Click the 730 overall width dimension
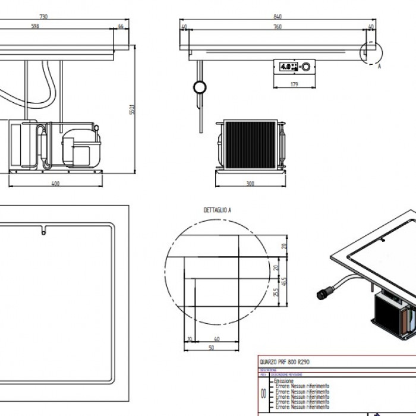click(60, 17)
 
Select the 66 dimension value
click(121, 26)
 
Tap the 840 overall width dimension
click(278, 17)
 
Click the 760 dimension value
click(278, 26)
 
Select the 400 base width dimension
click(56, 184)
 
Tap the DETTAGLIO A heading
click(218, 210)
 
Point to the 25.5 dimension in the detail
click(275, 293)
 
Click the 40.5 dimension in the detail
click(285, 279)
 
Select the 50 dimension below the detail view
click(211, 348)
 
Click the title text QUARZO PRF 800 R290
click(285, 362)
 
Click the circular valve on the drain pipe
click(198, 89)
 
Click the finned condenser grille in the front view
click(249, 144)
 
